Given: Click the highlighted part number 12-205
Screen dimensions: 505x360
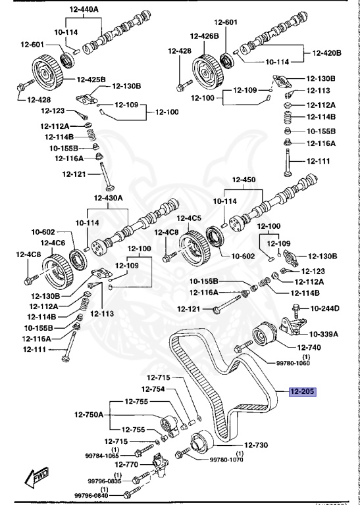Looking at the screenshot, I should pyautogui.click(x=301, y=392).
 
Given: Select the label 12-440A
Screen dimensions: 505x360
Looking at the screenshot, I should pyautogui.click(x=84, y=11).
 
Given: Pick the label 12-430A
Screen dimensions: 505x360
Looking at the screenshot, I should pyautogui.click(x=108, y=198).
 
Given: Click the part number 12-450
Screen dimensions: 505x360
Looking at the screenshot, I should pyautogui.click(x=244, y=180).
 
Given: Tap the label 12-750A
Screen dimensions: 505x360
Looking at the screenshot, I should pyautogui.click(x=89, y=415).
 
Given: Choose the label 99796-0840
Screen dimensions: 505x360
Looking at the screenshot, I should pyautogui.click(x=92, y=495).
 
